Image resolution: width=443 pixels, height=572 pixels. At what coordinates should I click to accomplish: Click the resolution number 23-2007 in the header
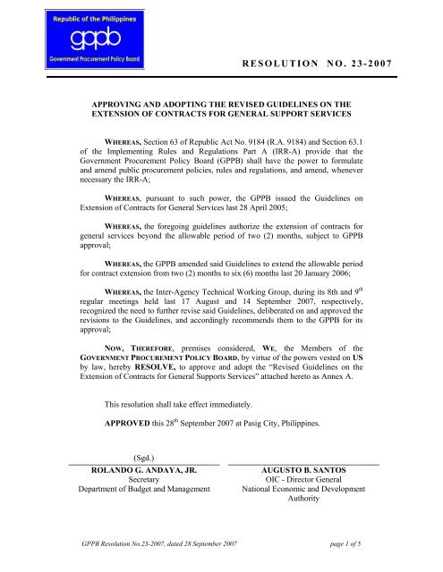(x=371, y=67)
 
